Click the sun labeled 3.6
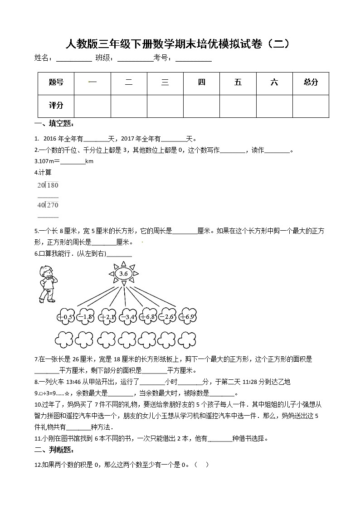tap(123, 274)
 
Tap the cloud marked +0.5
tap(66, 316)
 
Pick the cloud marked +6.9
tap(187, 316)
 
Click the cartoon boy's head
tap(47, 272)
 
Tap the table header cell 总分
tap(311, 82)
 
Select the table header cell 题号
tap(56, 82)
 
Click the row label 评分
tap(56, 106)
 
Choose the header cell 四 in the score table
tap(202, 82)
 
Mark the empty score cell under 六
tap(274, 106)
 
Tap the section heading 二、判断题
tap(54, 450)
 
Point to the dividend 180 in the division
tap(53, 185)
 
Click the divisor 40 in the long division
tap(41, 205)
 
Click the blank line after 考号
tap(194, 59)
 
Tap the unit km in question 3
tap(89, 161)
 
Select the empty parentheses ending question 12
tap(201, 465)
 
